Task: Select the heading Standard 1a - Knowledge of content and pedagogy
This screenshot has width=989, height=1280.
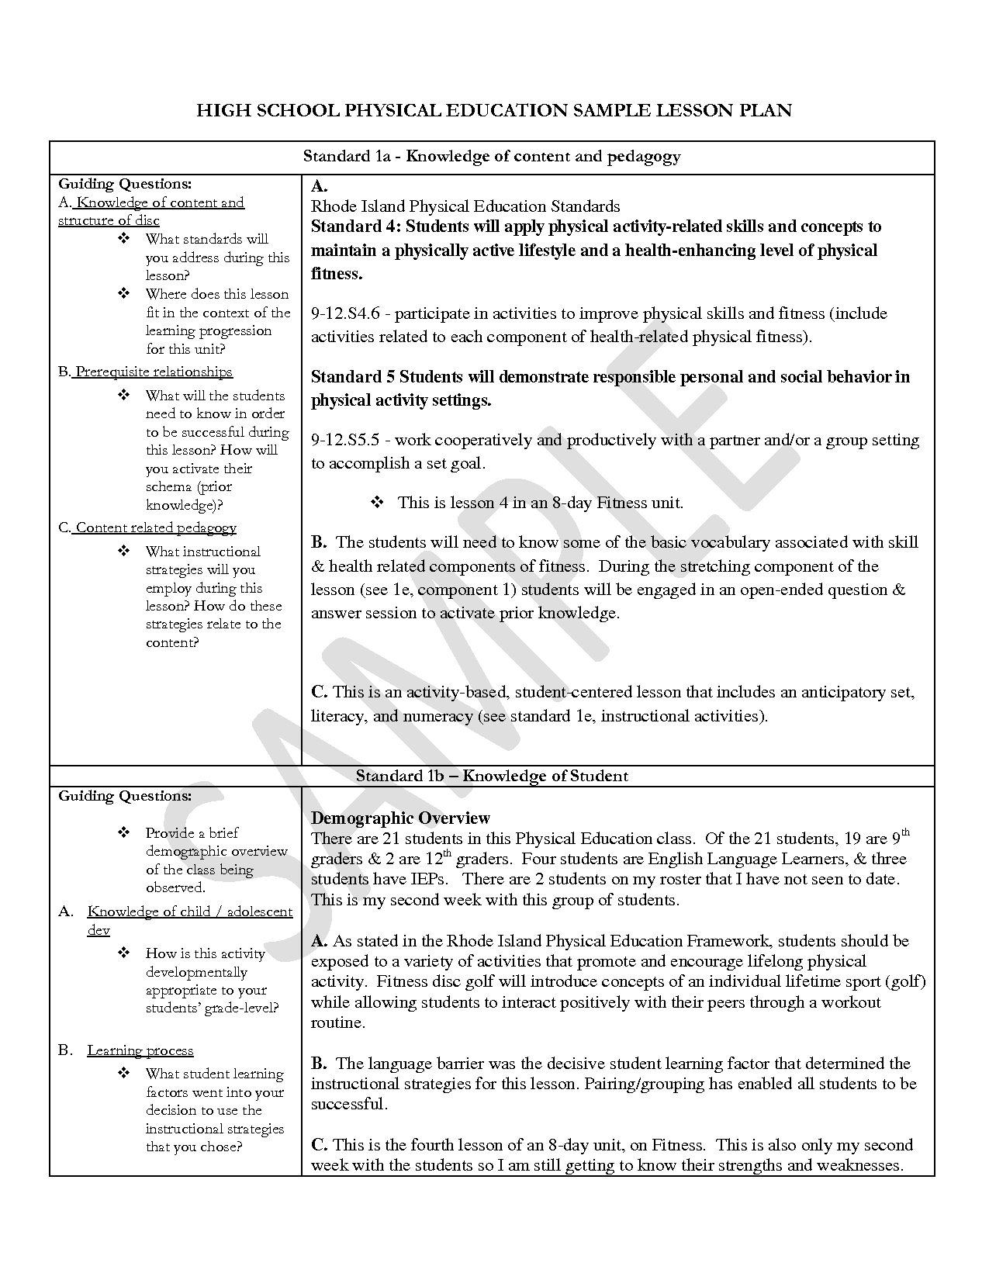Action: click(492, 157)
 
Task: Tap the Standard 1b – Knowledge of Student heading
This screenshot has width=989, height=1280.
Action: click(492, 776)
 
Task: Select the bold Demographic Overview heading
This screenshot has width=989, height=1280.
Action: click(400, 818)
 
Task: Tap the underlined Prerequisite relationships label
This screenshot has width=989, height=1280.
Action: click(154, 372)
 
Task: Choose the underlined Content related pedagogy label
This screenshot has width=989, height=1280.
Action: click(156, 528)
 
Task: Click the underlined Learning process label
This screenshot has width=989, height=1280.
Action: click(140, 1050)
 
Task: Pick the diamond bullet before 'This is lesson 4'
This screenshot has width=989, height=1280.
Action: click(378, 503)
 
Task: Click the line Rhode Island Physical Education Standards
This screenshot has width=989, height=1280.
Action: click(465, 206)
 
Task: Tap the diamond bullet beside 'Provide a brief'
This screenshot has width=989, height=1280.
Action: click(124, 832)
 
